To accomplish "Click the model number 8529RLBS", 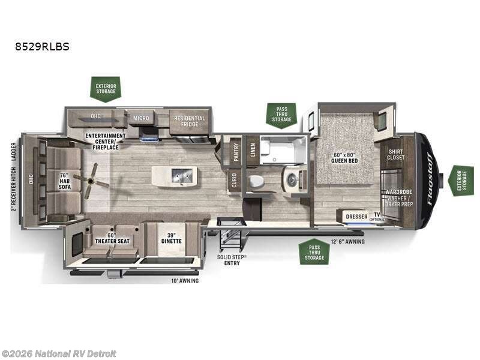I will coord(42,46).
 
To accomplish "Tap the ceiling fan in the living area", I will coord(92,181).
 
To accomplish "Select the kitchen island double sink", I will coord(180,175).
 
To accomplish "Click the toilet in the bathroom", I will coord(254,181).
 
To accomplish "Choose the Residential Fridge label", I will coord(190,121).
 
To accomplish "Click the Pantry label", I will coord(236,150).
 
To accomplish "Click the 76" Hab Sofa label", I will coord(64,181).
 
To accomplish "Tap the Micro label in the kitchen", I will coord(141,117).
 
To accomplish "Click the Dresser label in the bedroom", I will coord(356,215).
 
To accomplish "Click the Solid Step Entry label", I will coord(232,259).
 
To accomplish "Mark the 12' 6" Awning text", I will coord(347,241).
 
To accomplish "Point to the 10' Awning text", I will coord(185,280).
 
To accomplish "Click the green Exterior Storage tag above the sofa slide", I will coord(105,88).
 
